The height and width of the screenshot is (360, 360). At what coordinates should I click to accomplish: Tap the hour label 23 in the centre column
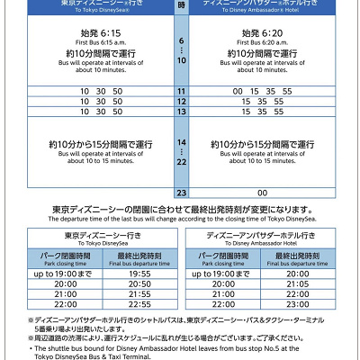pyautogui.click(x=181, y=193)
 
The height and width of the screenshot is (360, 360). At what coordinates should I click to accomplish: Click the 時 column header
pyautogui.click(x=181, y=4)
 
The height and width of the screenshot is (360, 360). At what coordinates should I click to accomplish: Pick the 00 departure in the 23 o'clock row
pyautogui.click(x=263, y=193)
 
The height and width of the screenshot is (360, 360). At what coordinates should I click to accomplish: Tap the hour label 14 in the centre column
pyautogui.click(x=181, y=142)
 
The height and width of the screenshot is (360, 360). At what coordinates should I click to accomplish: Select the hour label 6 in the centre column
pyautogui.click(x=181, y=40)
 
